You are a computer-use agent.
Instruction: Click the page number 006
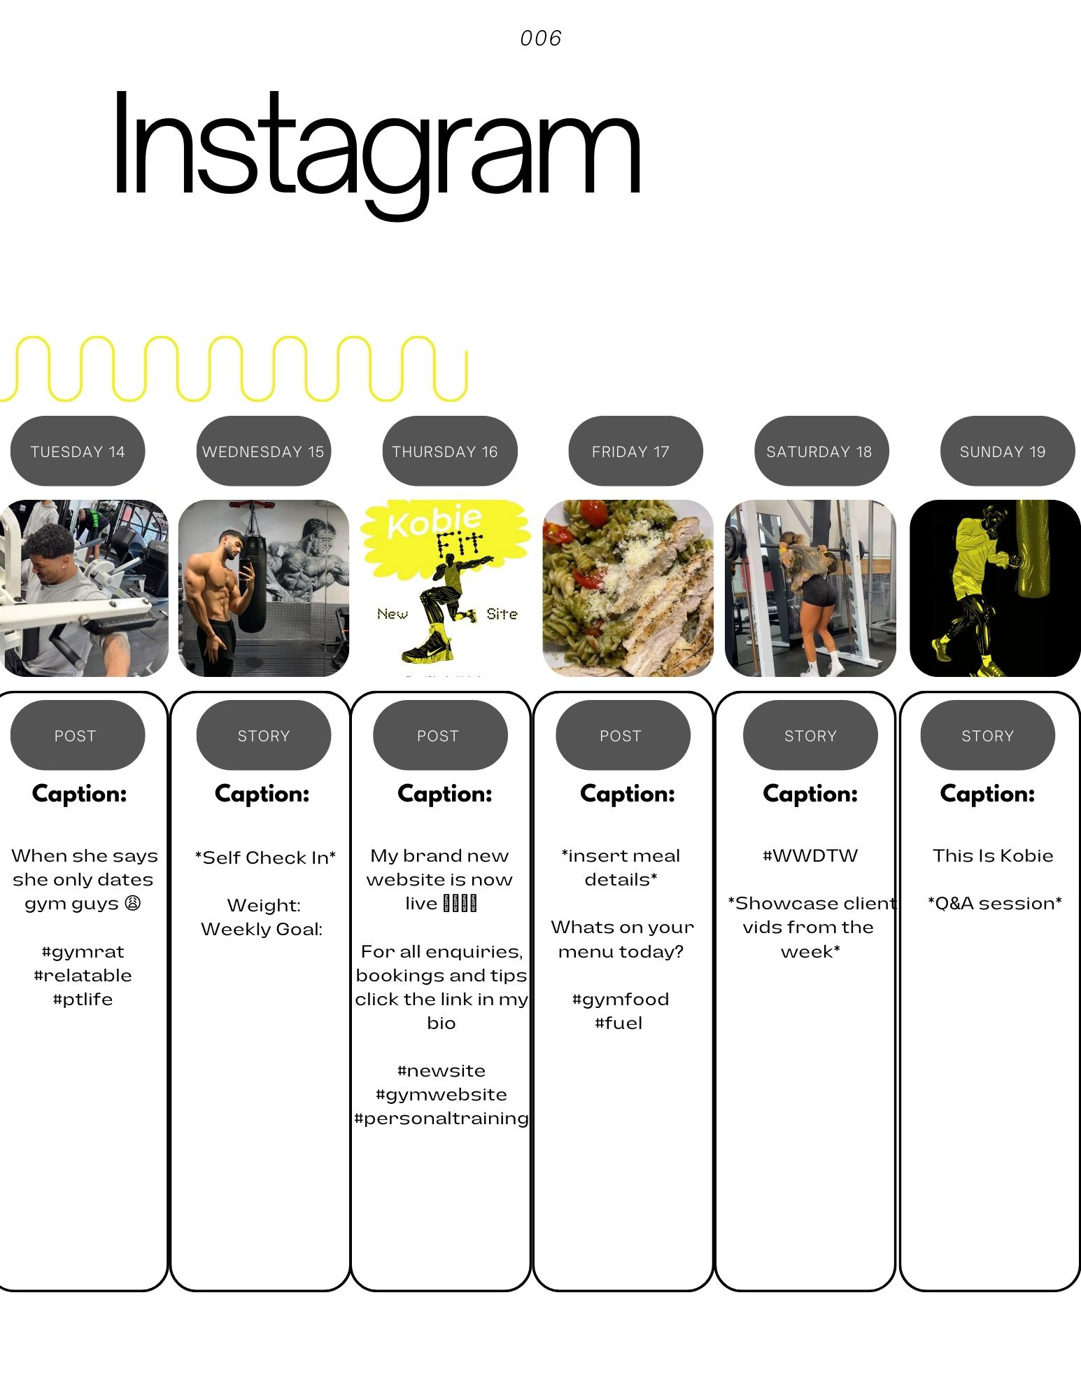(541, 38)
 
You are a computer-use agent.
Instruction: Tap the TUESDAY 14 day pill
(78, 451)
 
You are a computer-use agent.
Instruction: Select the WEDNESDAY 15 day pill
(263, 451)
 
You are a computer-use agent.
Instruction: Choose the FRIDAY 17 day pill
(630, 451)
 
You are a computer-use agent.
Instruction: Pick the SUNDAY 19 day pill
(1002, 451)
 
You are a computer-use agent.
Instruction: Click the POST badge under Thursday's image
(438, 736)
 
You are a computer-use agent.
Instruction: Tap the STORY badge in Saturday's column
(810, 736)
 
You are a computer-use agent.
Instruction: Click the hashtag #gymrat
(83, 951)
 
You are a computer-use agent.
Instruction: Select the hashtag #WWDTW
(810, 855)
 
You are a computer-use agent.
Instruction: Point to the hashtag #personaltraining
(441, 1118)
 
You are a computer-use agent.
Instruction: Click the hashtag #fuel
(619, 1023)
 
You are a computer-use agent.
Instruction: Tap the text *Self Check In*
(265, 857)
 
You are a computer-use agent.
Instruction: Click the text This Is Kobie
(993, 855)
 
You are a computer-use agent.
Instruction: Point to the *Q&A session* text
(994, 903)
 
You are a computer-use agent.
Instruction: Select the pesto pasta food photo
(628, 588)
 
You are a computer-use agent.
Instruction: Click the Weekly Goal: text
(262, 929)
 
